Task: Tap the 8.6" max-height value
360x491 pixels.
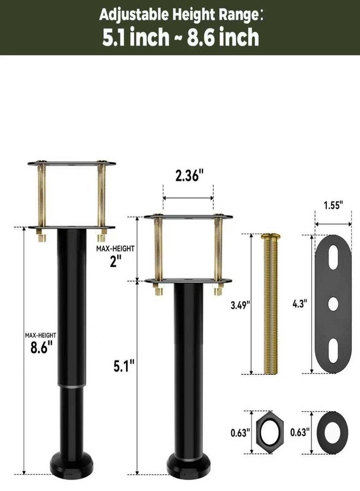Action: point(41,348)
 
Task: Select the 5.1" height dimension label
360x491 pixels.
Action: point(124,366)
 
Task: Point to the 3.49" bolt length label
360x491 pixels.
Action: point(241,305)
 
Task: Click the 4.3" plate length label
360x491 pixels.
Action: point(299,304)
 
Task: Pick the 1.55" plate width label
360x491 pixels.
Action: point(333,206)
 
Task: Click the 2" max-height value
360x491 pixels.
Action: point(115,261)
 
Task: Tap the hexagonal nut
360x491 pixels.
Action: point(270,432)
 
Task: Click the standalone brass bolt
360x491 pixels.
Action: point(271,304)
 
